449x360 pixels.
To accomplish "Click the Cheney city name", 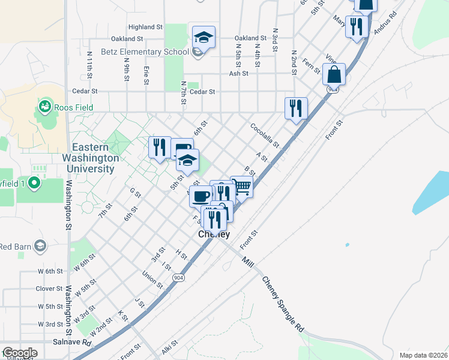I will click(214, 235).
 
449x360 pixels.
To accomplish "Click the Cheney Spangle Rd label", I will click(282, 305).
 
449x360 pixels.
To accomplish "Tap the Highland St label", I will click(145, 27).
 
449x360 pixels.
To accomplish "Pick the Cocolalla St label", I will click(265, 136).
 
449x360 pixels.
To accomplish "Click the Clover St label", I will click(49, 289).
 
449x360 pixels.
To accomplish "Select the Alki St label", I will click(171, 349).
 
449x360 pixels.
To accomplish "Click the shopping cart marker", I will click(242, 187).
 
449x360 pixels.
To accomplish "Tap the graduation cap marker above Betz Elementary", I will click(203, 37).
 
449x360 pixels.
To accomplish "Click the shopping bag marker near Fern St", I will click(334, 75).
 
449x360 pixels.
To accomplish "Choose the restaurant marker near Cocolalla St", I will click(295, 109).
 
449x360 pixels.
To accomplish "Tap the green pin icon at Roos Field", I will click(44, 107).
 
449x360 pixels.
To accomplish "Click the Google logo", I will click(20, 353).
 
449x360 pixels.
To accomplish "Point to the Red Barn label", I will click(14, 247).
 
